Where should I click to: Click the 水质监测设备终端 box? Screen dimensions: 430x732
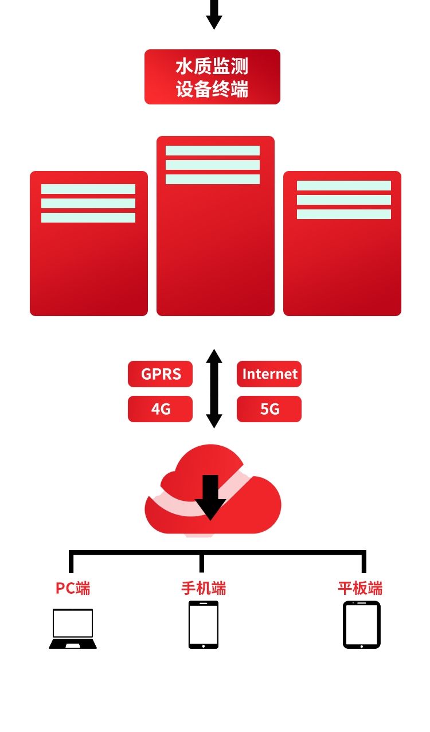(x=212, y=77)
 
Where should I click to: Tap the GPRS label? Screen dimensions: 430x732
(x=160, y=374)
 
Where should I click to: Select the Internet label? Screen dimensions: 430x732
(x=269, y=374)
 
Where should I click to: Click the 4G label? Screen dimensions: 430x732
(x=160, y=409)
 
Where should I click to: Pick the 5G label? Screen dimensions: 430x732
(x=269, y=409)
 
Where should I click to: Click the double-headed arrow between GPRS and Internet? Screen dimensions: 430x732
(x=214, y=388)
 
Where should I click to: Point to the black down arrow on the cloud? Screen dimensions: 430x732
(x=210, y=497)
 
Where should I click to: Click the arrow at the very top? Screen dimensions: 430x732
(x=214, y=15)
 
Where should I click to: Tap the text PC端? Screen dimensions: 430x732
(x=73, y=588)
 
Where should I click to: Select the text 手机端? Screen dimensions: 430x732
(x=204, y=588)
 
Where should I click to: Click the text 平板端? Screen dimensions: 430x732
(x=360, y=588)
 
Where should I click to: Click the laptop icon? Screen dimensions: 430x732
(x=73, y=628)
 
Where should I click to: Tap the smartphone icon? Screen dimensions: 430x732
(x=204, y=625)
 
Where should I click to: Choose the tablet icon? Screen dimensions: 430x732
(x=362, y=625)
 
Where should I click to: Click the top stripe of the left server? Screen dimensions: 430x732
(x=88, y=189)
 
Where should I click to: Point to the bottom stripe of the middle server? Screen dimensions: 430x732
(x=213, y=179)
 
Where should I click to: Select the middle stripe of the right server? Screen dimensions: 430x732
(x=344, y=200)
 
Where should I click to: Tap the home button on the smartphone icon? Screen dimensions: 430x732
(x=204, y=646)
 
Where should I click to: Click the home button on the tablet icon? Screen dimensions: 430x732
(x=362, y=647)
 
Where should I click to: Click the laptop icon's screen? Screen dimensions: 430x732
(x=73, y=623)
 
